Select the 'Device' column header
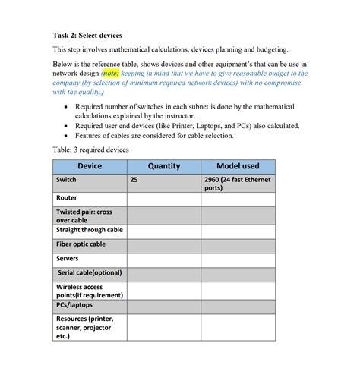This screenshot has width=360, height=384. (x=90, y=166)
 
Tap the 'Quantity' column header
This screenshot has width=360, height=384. (x=164, y=166)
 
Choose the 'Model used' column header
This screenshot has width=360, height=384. (x=238, y=166)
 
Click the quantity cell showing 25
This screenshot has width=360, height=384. (x=134, y=180)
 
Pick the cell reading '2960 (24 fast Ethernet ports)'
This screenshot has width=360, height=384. (x=238, y=184)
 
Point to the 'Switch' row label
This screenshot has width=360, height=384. (x=67, y=180)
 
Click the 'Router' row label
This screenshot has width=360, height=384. (x=68, y=197)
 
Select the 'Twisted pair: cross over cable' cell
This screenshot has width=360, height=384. (x=84, y=216)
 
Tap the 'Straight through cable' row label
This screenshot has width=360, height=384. (x=90, y=229)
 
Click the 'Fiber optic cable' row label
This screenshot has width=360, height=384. (x=81, y=244)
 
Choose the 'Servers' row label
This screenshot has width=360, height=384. (x=68, y=259)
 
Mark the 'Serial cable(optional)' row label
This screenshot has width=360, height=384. (x=90, y=273)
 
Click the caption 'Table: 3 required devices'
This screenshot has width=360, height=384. (x=91, y=150)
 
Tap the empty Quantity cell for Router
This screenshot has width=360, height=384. (x=164, y=198)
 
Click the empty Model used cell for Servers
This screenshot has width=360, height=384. (x=238, y=259)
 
